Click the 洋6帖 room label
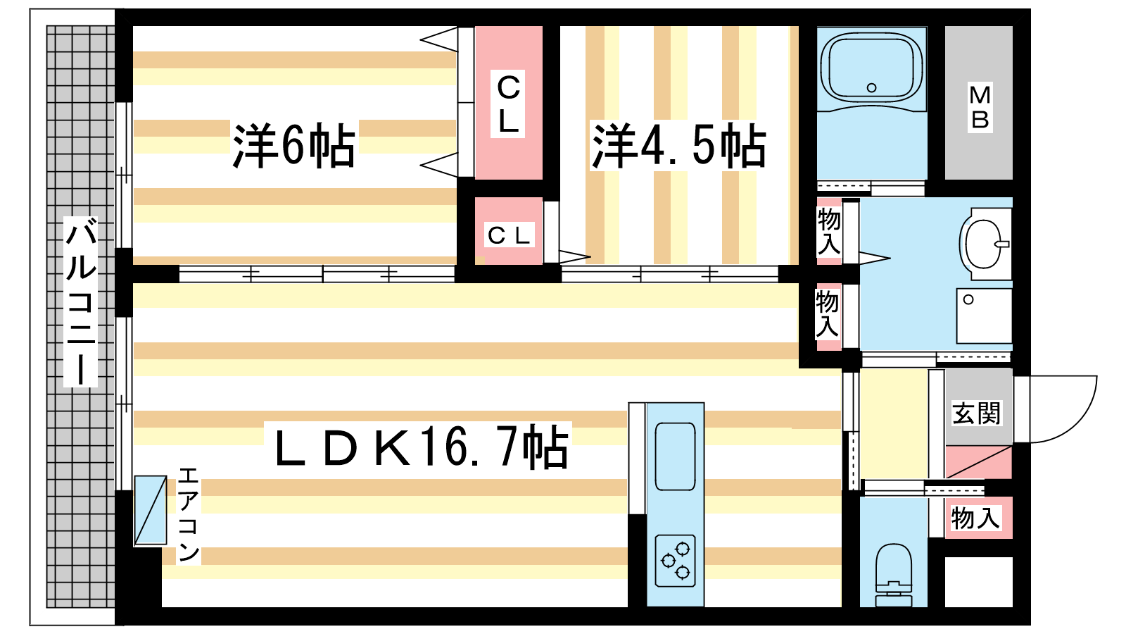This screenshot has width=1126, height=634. tap(294, 145)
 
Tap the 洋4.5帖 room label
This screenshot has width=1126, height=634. tap(678, 145)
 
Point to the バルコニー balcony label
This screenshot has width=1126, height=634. tap(80, 302)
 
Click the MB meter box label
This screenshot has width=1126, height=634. tap(980, 107)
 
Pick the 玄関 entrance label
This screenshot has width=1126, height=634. tap(976, 413)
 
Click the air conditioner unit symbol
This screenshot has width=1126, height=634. tap(151, 510)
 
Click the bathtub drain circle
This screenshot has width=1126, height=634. tap(872, 87)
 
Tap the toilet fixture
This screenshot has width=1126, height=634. tap(893, 575)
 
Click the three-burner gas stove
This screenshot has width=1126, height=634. tap(675, 561)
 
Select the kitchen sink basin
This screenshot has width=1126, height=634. tap(675, 456)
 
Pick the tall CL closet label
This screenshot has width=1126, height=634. tap(508, 105)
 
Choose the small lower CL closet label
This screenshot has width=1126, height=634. tap(508, 235)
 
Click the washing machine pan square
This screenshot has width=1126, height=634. tap(984, 316)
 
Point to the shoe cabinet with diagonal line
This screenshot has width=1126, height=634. tap(978, 461)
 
